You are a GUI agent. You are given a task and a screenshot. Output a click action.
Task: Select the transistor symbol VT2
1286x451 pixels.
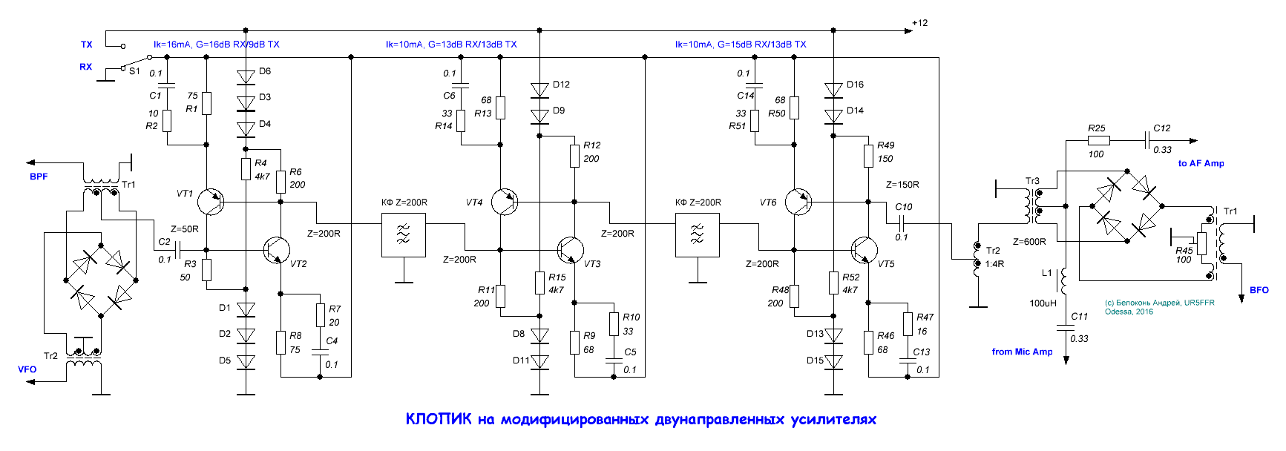[x=277, y=250]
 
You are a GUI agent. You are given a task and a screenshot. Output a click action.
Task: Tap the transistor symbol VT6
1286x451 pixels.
[x=798, y=202]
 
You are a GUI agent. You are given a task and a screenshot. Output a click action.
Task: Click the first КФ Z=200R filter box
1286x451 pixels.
[x=404, y=235]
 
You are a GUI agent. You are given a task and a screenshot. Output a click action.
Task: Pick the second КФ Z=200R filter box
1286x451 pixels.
[x=698, y=235]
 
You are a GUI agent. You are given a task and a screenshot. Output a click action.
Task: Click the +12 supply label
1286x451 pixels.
[x=919, y=23]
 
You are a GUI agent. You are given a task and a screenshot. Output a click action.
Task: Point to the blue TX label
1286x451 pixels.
[x=87, y=45]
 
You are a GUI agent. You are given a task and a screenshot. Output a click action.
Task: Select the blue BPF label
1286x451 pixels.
[x=39, y=177]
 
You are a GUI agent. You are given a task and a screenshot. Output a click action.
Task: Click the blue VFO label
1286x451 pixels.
[x=27, y=369]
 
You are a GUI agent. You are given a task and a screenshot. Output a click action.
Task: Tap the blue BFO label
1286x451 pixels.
[x=1259, y=290]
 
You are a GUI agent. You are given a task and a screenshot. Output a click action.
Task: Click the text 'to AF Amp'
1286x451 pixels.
[x=1201, y=163]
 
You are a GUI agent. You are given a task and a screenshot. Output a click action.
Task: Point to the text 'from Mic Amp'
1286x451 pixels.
[x=1022, y=352]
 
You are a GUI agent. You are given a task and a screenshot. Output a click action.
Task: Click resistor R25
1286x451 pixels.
[x=1098, y=140]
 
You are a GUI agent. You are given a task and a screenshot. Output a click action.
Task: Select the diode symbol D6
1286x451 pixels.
[x=246, y=76]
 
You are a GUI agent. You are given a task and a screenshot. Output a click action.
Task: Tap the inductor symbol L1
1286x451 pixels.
[x=1064, y=280]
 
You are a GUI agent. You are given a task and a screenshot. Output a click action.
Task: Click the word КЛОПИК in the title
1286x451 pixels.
[x=438, y=419]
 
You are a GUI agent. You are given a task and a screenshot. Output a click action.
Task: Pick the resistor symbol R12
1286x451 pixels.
[x=574, y=156]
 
